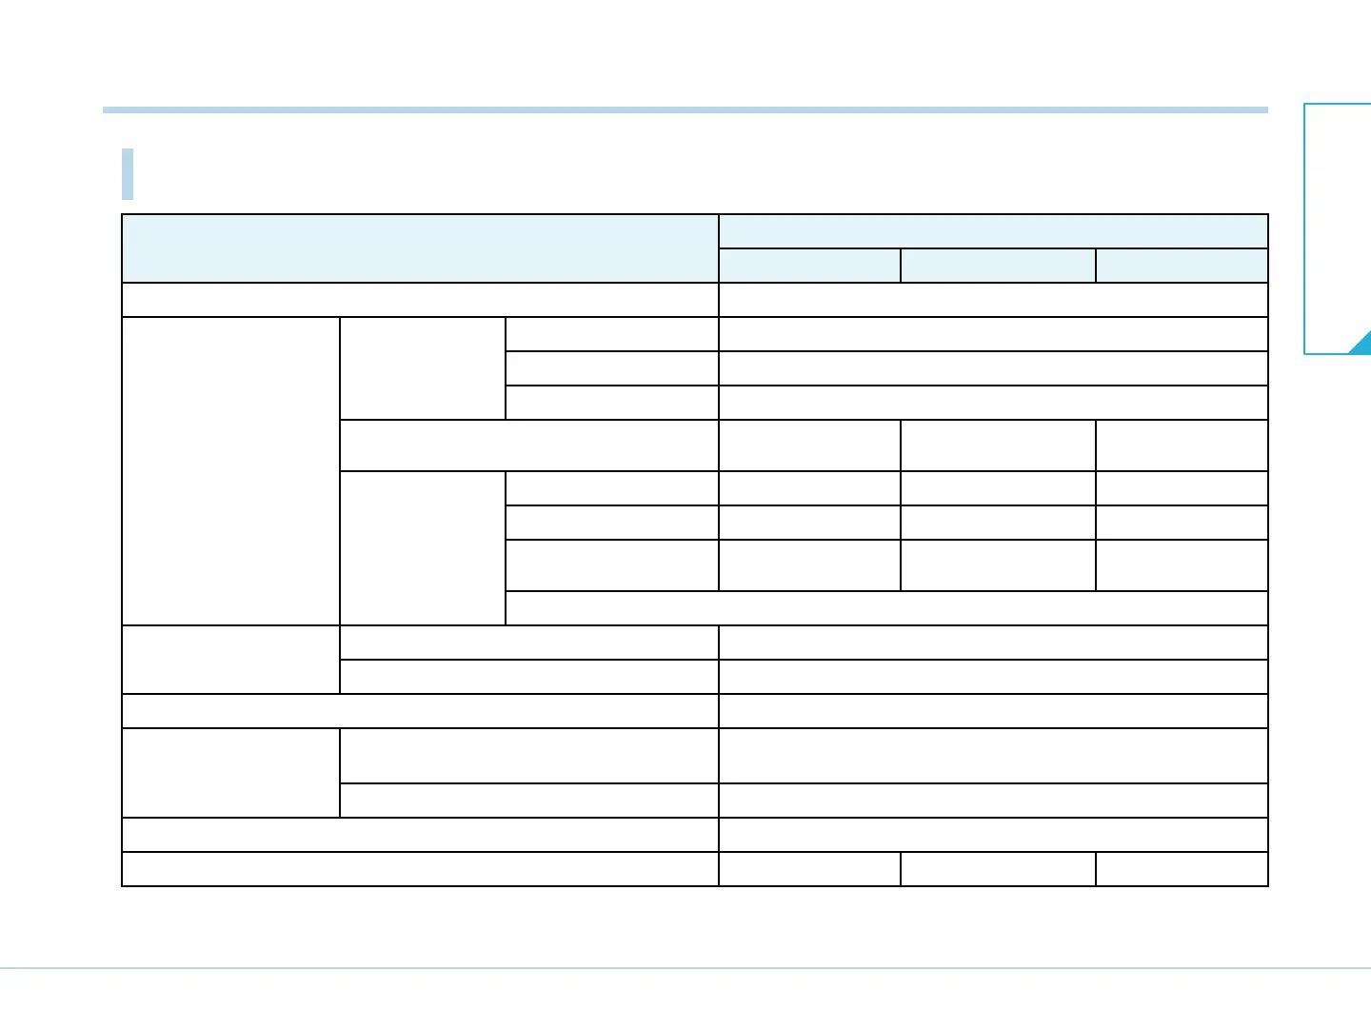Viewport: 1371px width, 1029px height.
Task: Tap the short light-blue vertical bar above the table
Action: click(x=128, y=174)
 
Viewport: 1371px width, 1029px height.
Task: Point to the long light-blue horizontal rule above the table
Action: click(x=685, y=110)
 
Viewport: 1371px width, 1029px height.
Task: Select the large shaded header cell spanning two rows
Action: click(x=420, y=248)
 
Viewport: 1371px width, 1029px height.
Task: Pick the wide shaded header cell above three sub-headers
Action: click(x=993, y=231)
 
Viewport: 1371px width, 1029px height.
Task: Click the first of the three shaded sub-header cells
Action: click(x=809, y=266)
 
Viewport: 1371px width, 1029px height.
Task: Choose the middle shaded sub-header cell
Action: click(x=998, y=266)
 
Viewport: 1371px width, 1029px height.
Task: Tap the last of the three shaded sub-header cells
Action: click(x=1182, y=266)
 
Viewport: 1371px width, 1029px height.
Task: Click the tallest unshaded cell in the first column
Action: click(x=230, y=471)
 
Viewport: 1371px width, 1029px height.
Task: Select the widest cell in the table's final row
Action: click(x=420, y=869)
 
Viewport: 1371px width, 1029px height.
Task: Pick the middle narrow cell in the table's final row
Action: click(x=998, y=869)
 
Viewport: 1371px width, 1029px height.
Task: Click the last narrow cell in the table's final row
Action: click(x=1182, y=869)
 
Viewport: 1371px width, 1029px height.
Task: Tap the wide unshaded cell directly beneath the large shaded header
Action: click(x=420, y=300)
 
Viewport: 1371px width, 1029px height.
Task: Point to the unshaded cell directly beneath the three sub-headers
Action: click(x=993, y=300)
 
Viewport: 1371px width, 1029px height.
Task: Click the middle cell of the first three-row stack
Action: click(x=611, y=368)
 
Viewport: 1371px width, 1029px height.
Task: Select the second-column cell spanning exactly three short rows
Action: click(x=422, y=368)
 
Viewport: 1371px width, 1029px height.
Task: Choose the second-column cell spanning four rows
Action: click(x=422, y=548)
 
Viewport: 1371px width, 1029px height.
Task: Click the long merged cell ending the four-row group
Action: click(x=886, y=608)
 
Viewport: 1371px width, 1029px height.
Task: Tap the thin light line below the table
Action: click(x=685, y=968)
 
